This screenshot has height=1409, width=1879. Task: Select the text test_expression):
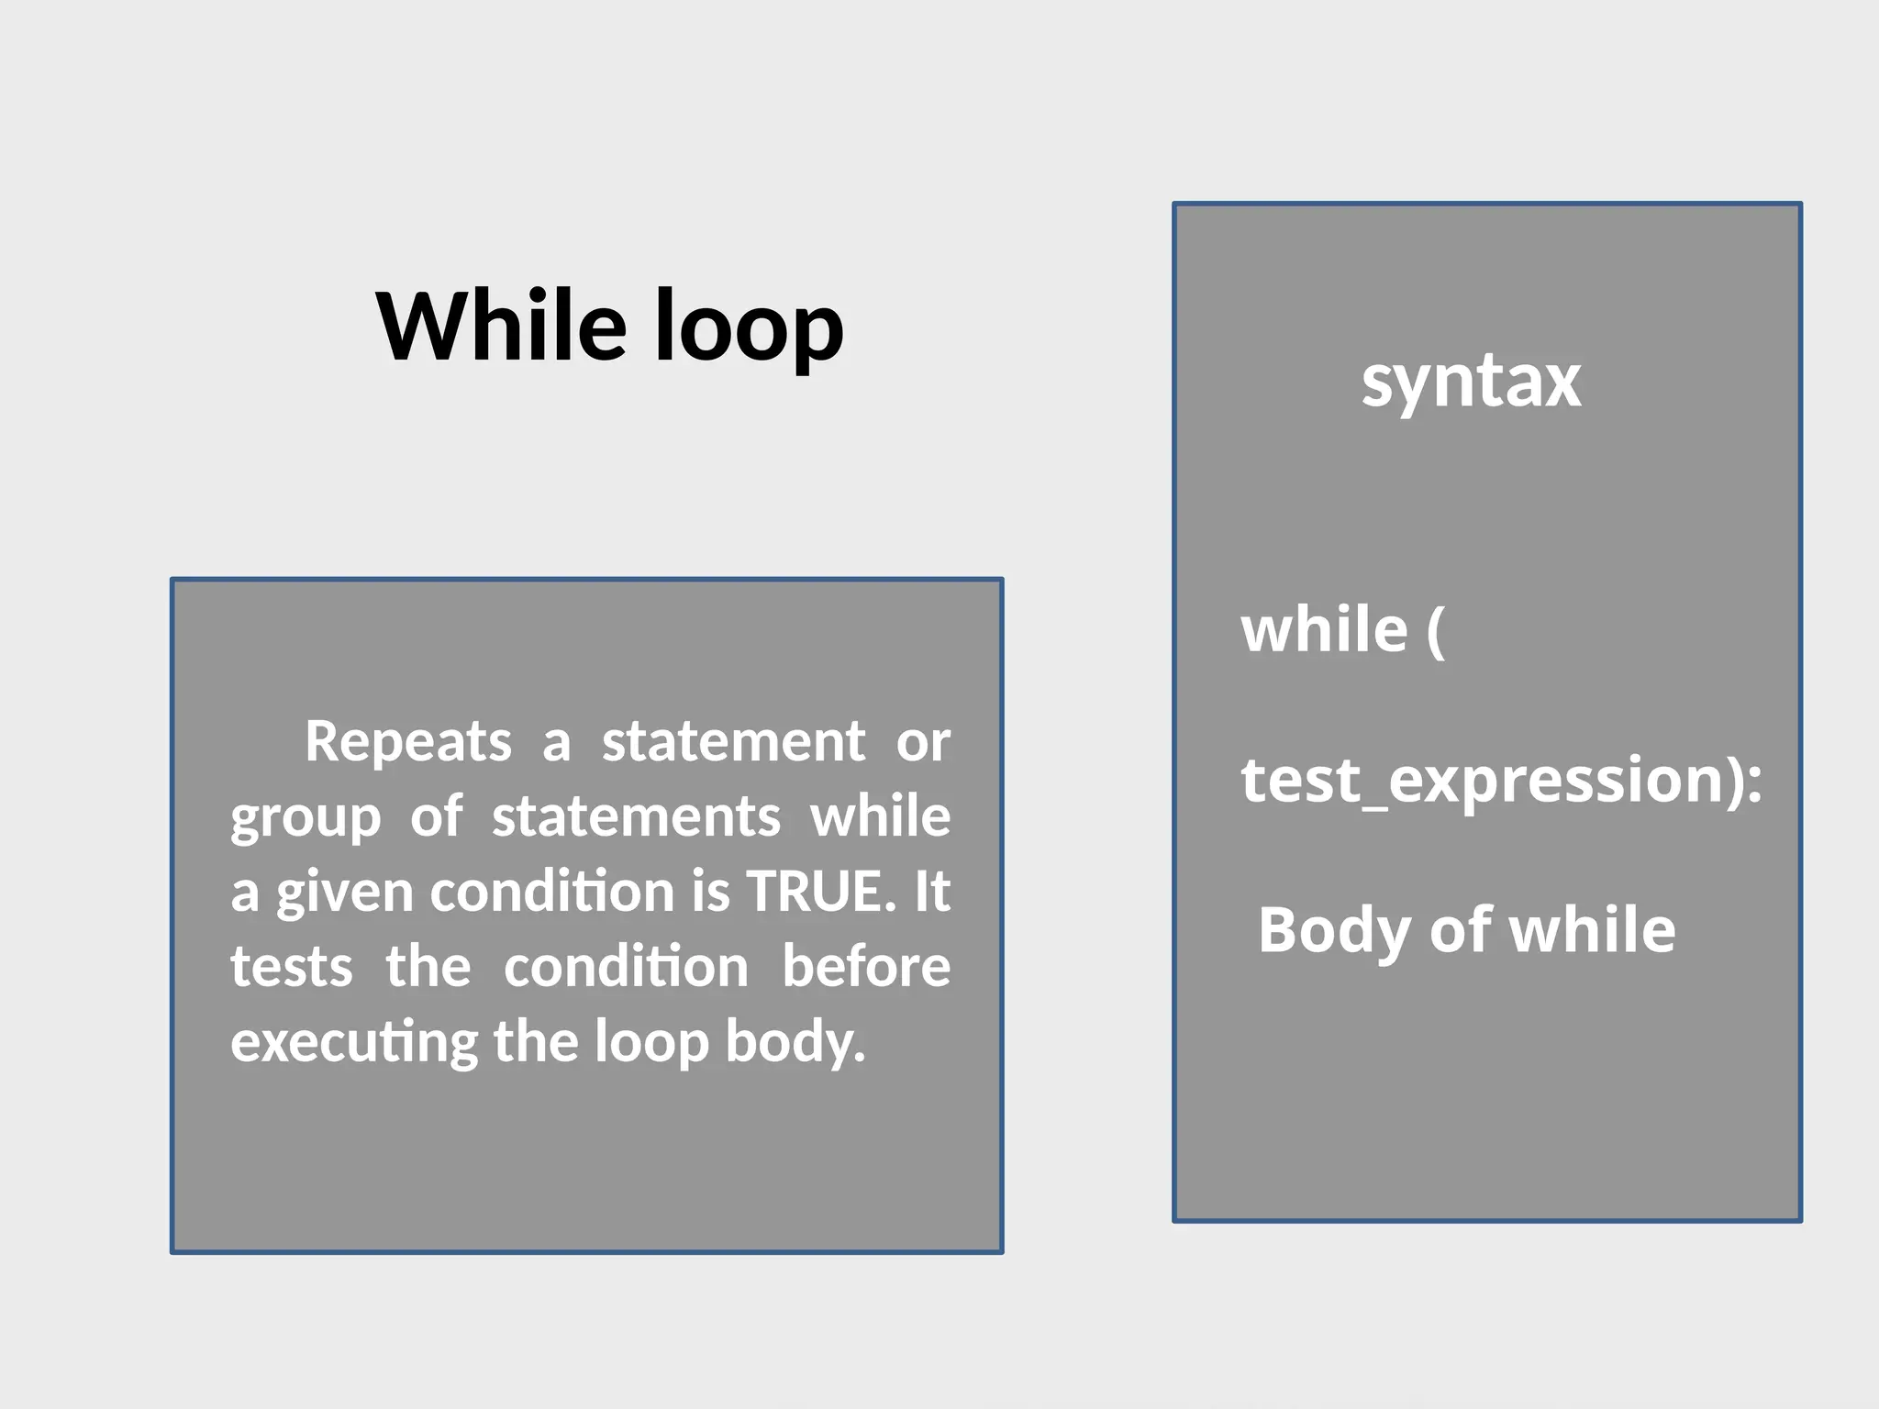tap(1501, 780)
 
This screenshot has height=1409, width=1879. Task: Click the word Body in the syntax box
tap(1336, 931)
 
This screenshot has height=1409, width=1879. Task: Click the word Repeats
tap(408, 741)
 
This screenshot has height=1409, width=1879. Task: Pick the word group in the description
tap(306, 818)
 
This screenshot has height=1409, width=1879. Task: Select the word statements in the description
tap(636, 816)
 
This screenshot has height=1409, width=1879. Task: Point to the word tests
tap(292, 967)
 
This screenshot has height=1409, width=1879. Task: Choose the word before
tap(866, 967)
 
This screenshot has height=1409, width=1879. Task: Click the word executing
tap(354, 1043)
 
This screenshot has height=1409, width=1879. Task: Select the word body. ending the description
tap(795, 1043)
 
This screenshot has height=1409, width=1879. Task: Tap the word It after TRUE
tap(932, 891)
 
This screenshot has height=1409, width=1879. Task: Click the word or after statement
tap(923, 741)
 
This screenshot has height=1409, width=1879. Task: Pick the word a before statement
tap(556, 741)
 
